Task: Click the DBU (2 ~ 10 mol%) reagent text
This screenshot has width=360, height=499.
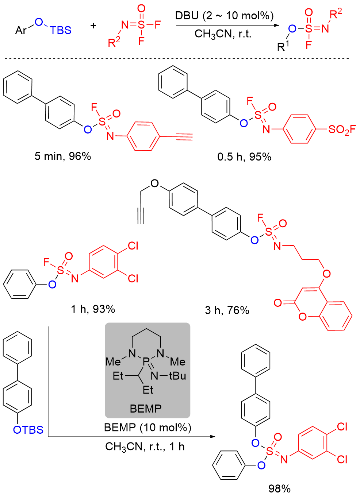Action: (x=224, y=16)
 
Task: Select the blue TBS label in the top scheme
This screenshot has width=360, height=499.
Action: (x=61, y=30)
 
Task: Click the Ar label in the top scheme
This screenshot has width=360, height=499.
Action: (x=21, y=30)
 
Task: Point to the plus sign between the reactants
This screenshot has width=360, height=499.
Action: (x=93, y=26)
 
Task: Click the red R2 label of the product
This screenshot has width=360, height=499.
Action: (x=335, y=15)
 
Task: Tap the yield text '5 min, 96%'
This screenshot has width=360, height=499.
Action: (x=63, y=156)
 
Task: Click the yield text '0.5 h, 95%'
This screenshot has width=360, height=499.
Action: (x=244, y=157)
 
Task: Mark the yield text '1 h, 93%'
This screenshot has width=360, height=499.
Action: (x=93, y=309)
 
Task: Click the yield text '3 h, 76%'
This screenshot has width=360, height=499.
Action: (x=227, y=310)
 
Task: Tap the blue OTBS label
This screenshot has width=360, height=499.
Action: (x=28, y=430)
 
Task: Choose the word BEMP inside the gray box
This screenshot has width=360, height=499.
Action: (x=145, y=409)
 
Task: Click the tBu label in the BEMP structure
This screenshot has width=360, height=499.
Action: (x=177, y=376)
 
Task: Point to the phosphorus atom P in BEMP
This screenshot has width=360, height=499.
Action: (x=146, y=361)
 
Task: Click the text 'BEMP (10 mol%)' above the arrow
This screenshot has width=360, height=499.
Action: (x=148, y=427)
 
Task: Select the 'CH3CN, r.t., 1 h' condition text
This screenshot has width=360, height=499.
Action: (x=145, y=446)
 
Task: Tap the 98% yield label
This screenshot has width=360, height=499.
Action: (x=279, y=488)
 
